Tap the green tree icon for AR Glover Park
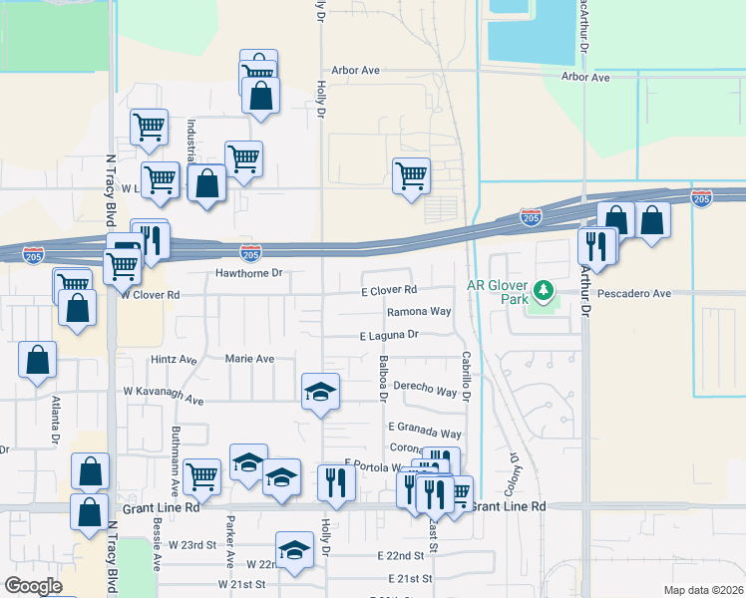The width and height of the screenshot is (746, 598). coord(544,291)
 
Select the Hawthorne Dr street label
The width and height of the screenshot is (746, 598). coord(250,272)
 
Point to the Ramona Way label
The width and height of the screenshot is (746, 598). coord(420,311)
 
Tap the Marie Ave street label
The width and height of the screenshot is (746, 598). coord(249,359)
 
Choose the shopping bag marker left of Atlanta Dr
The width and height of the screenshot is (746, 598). coord(37,361)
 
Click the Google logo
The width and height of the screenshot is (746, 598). coord(34,586)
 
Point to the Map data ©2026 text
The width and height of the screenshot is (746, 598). coord(704,590)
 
